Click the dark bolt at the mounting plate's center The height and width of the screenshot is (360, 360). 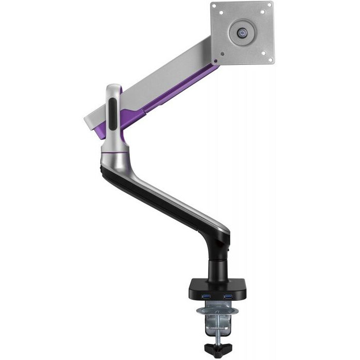[243, 32]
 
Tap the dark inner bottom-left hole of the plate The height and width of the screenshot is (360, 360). [223, 52]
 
